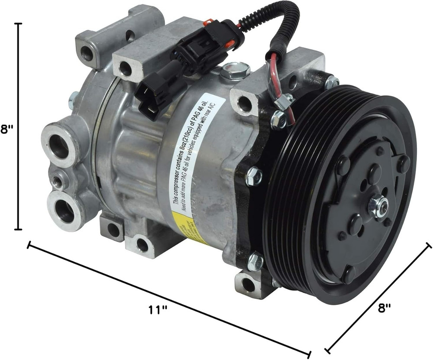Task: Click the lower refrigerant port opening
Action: (65, 211)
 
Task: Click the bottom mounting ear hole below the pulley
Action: (248, 285)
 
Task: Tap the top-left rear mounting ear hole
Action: (87, 54)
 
